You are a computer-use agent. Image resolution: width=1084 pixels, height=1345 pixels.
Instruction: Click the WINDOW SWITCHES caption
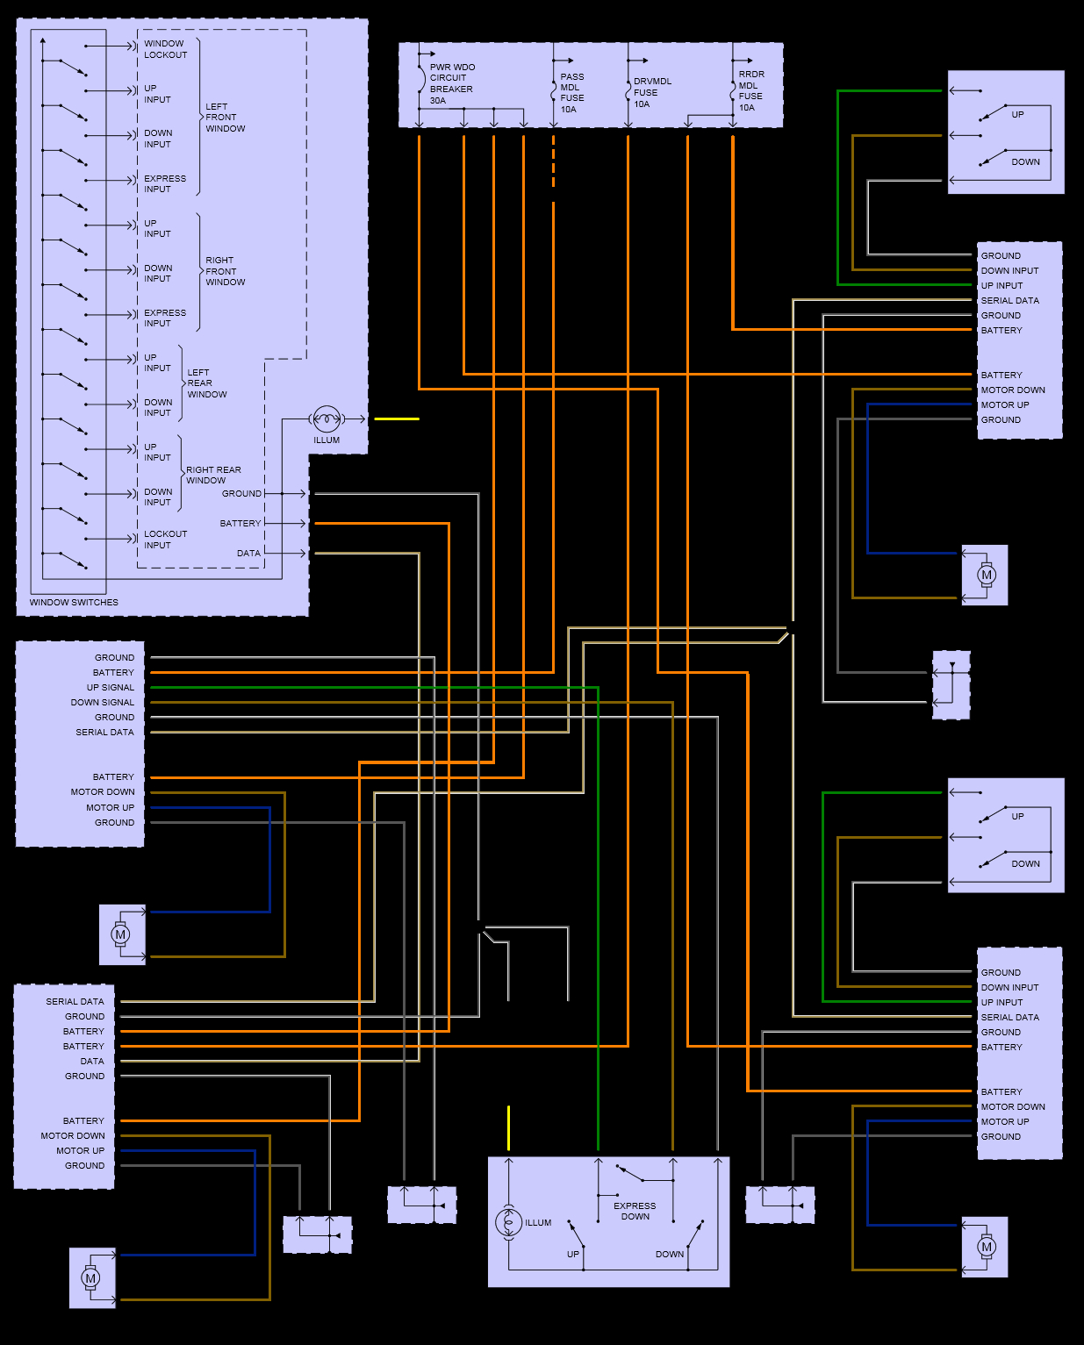tap(74, 602)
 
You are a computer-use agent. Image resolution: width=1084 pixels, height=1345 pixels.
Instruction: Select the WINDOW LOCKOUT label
tap(165, 49)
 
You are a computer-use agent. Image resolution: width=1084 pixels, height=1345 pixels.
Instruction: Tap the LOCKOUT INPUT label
tap(165, 540)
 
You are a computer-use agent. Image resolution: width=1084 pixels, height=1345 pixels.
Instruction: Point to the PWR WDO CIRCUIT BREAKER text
tap(452, 78)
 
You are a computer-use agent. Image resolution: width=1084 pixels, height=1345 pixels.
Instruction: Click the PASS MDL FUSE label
tap(571, 88)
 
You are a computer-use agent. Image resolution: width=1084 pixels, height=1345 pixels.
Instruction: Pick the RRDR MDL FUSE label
tap(751, 85)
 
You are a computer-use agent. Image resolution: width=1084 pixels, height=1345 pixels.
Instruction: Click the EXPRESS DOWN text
tap(635, 1211)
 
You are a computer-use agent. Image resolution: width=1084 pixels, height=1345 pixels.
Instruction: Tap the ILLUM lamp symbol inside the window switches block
tap(327, 419)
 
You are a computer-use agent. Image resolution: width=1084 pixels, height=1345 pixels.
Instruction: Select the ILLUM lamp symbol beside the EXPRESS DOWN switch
tap(508, 1222)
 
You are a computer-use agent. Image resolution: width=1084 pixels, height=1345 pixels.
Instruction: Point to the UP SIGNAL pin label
tap(110, 688)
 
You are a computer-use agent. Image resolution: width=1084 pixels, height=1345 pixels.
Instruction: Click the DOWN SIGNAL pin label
tap(103, 703)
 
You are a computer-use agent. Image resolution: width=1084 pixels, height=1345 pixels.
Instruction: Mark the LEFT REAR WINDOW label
tap(207, 383)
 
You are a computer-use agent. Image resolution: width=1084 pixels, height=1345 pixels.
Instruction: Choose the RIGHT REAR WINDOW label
tap(213, 475)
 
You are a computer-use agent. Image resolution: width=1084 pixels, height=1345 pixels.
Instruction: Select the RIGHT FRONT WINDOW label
tap(226, 271)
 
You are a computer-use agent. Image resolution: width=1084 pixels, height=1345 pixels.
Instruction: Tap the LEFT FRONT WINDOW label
tap(226, 118)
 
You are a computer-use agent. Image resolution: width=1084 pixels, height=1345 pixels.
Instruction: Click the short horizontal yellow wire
tap(397, 419)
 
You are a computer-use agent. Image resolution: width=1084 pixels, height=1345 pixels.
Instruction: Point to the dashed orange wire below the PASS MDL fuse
tap(554, 161)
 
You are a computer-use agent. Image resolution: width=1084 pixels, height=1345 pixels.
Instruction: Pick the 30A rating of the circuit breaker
tap(438, 101)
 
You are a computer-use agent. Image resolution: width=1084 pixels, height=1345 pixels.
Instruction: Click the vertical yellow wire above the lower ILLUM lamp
tap(508, 1127)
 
